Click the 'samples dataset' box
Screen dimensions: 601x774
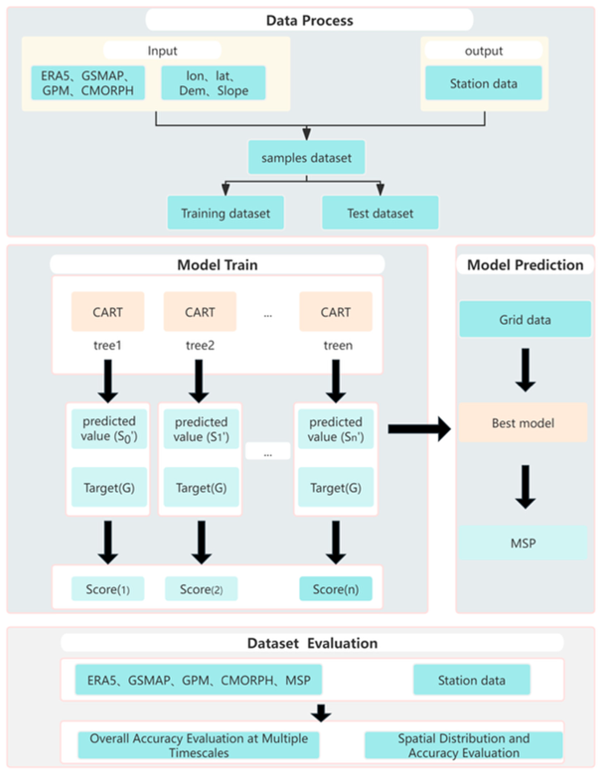(306, 157)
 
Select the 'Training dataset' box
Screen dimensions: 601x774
(226, 213)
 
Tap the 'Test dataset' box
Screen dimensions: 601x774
(380, 213)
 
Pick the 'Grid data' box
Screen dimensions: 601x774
(525, 319)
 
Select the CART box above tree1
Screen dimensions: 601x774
(108, 311)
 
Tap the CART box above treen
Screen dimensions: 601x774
(336, 311)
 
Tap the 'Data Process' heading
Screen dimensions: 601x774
(309, 20)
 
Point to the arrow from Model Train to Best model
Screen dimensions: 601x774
(419, 429)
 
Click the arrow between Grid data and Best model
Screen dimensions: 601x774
(525, 370)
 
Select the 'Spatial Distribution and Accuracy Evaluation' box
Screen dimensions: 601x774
(464, 745)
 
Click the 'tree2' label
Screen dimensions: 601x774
(200, 345)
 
